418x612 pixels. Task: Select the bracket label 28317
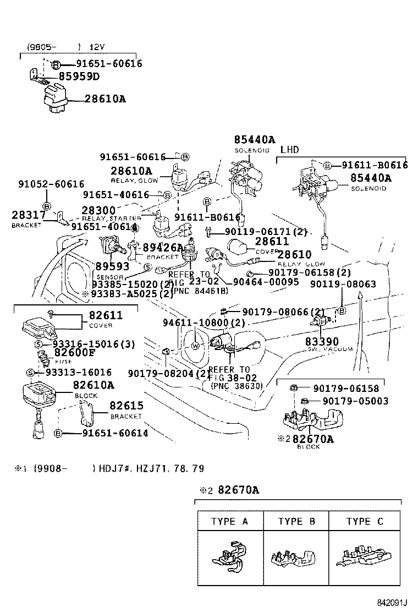pyautogui.click(x=25, y=215)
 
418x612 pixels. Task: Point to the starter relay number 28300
pyautogui.click(x=98, y=210)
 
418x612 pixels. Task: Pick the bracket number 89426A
pyautogui.click(x=163, y=248)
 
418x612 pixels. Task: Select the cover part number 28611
pyautogui.click(x=271, y=242)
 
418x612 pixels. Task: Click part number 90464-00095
pyautogui.click(x=266, y=282)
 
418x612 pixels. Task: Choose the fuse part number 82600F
pyautogui.click(x=74, y=353)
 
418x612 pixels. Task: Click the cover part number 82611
pyautogui.click(x=102, y=315)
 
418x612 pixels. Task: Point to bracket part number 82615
pyautogui.click(x=127, y=406)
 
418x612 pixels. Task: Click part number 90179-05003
pyautogui.click(x=355, y=401)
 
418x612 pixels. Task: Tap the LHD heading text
pyautogui.click(x=289, y=150)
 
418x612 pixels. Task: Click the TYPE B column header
pyautogui.click(x=296, y=521)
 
